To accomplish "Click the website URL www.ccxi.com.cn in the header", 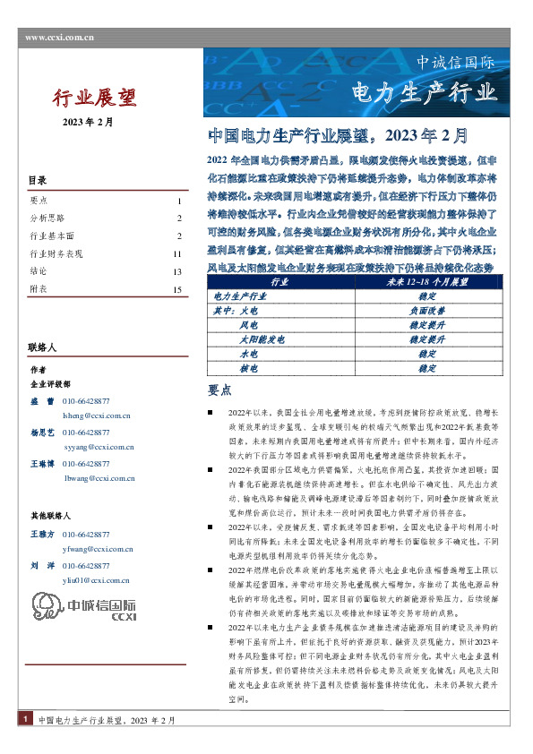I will pyautogui.click(x=60, y=37).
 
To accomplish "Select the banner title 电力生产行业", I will pyautogui.click(x=424, y=92).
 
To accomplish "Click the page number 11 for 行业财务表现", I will pyautogui.click(x=177, y=254).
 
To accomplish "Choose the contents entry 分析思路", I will pyautogui.click(x=47, y=218).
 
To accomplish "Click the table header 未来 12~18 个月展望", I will pyautogui.click(x=426, y=281).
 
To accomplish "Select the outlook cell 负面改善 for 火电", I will pyautogui.click(x=426, y=310).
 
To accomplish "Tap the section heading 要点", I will pyautogui.click(x=219, y=391).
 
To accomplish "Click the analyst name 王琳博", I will pyautogui.click(x=43, y=464).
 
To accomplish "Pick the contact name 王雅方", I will pyautogui.click(x=43, y=534).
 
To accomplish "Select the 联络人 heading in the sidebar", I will pyautogui.click(x=43, y=347).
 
